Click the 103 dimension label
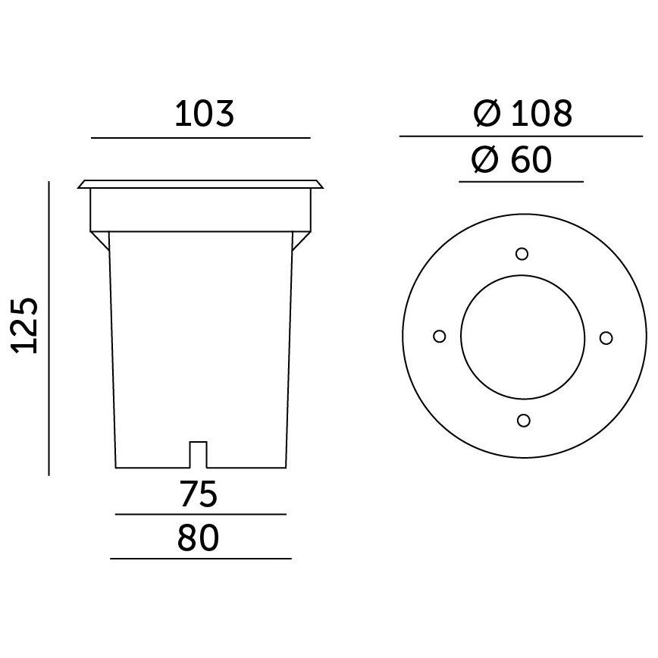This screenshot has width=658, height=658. (x=205, y=114)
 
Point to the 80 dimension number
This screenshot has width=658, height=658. (x=199, y=538)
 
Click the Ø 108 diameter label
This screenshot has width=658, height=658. (x=522, y=114)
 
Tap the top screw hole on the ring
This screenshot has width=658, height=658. (x=522, y=254)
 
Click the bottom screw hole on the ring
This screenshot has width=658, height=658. (x=522, y=420)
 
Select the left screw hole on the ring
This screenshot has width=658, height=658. (x=438, y=337)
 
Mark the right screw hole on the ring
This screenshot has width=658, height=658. (x=605, y=337)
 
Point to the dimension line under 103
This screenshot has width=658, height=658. (x=201, y=138)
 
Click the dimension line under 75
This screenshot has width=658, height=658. (x=200, y=515)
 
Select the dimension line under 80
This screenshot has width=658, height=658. (x=201, y=559)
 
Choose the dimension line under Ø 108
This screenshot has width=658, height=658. (x=522, y=136)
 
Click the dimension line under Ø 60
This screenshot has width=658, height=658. (x=522, y=182)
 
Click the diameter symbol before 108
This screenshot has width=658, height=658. (x=487, y=114)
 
